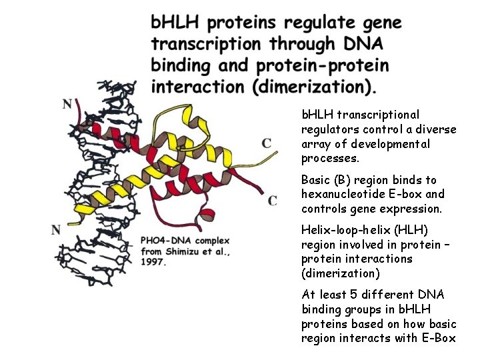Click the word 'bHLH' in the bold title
coord(175,23)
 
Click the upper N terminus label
coord(67,104)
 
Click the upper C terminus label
coord(267,143)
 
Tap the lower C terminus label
coord(273,200)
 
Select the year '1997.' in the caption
coord(153,262)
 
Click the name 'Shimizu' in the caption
coord(185,251)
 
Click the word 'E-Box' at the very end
coord(440,338)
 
